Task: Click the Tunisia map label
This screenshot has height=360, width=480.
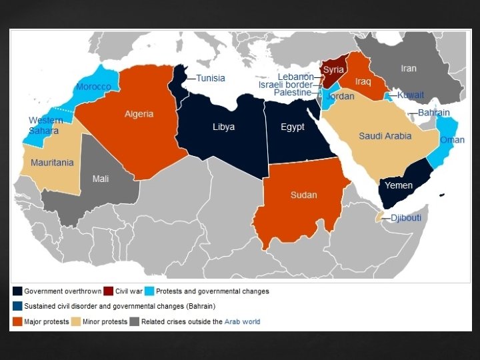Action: tap(210, 78)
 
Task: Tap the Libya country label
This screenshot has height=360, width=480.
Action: tap(223, 127)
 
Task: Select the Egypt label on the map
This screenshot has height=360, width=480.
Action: tap(292, 127)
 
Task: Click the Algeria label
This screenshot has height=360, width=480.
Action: tap(139, 114)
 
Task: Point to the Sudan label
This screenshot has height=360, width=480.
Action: tap(303, 195)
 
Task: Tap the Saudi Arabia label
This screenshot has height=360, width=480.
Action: tap(385, 136)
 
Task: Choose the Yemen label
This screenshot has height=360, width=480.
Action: tap(399, 185)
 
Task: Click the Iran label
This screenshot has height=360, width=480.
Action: tap(408, 68)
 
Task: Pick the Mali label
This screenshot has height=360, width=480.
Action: tap(100, 178)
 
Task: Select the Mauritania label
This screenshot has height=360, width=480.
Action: tap(51, 162)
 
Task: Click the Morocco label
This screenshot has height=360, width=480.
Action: tap(93, 87)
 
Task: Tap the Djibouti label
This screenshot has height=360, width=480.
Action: tap(405, 217)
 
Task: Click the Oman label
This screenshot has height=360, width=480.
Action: tap(452, 139)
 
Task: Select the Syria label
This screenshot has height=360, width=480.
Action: tap(333, 69)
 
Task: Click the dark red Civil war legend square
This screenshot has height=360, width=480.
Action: tap(108, 291)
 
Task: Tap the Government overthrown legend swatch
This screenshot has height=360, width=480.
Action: tap(17, 291)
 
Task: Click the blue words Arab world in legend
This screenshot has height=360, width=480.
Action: tap(242, 321)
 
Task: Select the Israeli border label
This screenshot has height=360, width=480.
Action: tap(285, 85)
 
